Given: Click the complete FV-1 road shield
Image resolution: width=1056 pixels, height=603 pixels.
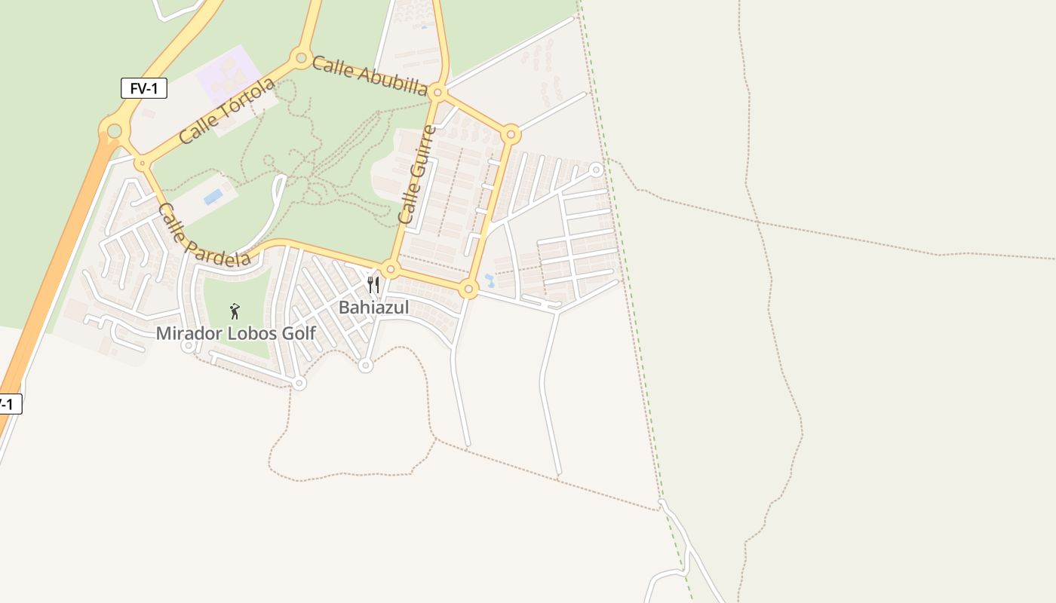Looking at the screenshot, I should tap(143, 88).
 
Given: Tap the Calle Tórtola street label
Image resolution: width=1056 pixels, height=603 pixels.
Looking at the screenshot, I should tap(227, 111).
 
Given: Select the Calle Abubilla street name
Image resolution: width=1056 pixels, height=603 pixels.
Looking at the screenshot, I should tap(370, 75).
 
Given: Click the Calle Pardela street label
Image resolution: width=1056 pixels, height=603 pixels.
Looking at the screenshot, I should tap(204, 235).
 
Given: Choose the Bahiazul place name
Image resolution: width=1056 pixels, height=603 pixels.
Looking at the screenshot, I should tap(373, 308).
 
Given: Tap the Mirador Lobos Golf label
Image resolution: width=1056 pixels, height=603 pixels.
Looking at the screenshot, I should tap(235, 332).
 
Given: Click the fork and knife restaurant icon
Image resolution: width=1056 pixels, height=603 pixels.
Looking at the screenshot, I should tap(373, 285).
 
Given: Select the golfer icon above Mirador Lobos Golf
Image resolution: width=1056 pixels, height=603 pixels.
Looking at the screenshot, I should tap(235, 311).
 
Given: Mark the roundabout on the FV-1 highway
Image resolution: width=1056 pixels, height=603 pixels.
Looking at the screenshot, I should tap(114, 131).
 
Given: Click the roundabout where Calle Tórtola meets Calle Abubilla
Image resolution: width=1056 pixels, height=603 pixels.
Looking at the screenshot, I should tap(301, 57).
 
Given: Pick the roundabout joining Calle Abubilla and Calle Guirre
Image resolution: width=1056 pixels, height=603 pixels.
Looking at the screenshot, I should tap(437, 93).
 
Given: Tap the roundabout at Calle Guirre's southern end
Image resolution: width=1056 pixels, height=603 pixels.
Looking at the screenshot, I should tap(390, 268).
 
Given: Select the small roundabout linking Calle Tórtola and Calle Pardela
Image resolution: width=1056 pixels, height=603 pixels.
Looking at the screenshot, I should tap(141, 163).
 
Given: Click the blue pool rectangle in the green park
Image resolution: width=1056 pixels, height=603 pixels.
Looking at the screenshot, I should tap(213, 197).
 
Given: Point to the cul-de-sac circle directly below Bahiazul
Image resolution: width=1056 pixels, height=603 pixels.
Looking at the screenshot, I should tap(366, 366).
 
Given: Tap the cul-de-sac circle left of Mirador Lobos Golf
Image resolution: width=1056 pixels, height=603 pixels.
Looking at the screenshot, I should tap(189, 345).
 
